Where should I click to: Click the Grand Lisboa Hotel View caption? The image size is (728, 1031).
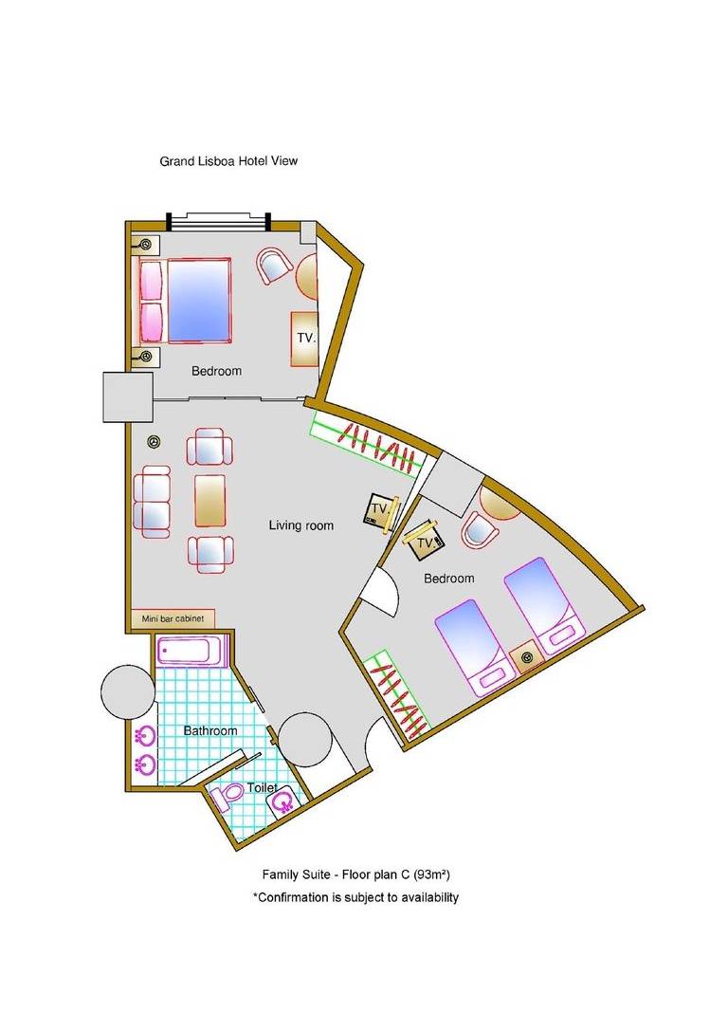pos(228,160)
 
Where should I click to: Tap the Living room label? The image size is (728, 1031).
pos(300,525)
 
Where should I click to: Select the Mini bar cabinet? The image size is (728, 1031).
pos(173,618)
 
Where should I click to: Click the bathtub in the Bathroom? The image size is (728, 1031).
pos(192,652)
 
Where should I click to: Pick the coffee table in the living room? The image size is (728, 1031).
pos(210,501)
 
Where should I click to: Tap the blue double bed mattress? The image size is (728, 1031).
pos(199,301)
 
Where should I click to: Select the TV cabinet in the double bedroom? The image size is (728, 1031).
pos(305,339)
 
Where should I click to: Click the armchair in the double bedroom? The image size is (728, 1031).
pos(274,265)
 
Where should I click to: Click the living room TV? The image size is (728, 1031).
pos(381,511)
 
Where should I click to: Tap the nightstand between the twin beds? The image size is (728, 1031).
pos(527,658)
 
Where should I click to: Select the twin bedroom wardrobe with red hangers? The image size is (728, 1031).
pos(397,693)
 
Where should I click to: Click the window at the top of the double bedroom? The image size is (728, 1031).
pos(219,221)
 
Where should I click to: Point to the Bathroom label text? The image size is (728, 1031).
pos(210,731)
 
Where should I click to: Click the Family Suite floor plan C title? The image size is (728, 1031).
pos(356,875)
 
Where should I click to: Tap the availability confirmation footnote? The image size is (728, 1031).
pos(356,897)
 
